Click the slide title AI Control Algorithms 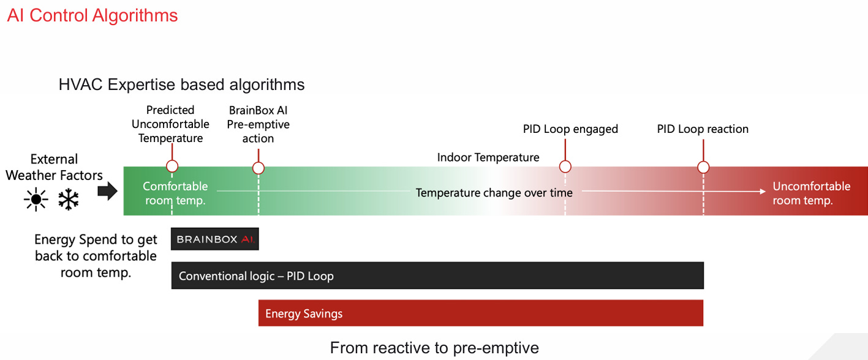coord(92,15)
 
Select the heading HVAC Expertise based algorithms coord(181,84)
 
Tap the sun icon coord(36,200)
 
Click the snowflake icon coord(69,200)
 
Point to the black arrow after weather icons coord(107,192)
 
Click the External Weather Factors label coord(54,167)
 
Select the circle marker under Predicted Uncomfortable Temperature coord(172,167)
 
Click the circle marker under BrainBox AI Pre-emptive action coord(259,168)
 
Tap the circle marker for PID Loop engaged coord(565,167)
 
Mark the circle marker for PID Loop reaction coord(703,167)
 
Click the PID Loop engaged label coord(570,129)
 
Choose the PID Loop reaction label coord(703,129)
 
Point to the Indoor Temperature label coord(488,157)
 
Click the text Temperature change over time coord(494,193)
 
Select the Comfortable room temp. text coord(175,193)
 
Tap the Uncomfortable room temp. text coord(811,193)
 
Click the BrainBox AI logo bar coord(215,239)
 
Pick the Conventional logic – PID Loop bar coord(437,276)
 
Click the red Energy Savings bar coord(480,313)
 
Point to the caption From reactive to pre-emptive coord(434,348)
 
